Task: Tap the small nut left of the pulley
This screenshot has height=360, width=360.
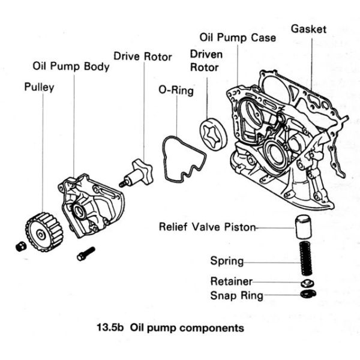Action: [20, 246]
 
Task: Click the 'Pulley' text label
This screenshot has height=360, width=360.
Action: [39, 87]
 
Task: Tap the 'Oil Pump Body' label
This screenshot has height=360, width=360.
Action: [71, 67]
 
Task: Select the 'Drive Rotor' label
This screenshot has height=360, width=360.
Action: [143, 57]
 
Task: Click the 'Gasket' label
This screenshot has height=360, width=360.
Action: [308, 28]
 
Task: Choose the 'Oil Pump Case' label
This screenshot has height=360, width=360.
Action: [238, 38]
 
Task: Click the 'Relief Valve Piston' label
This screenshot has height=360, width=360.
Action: [207, 227]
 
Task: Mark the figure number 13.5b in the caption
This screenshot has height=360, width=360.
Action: [110, 328]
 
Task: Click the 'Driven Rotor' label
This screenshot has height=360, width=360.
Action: [206, 61]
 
